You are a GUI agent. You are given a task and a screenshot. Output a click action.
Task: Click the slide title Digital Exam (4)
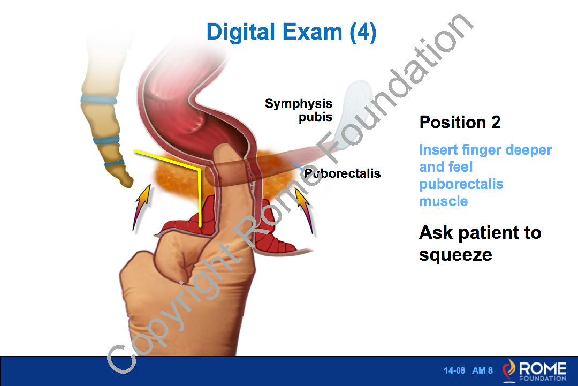coord(291,33)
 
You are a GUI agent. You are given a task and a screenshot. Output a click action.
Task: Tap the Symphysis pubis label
coord(299,110)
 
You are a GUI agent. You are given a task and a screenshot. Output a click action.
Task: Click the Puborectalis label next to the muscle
coord(342,173)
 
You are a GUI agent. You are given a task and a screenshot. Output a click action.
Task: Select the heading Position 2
coord(460,122)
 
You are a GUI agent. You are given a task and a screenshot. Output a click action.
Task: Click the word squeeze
coord(455,255)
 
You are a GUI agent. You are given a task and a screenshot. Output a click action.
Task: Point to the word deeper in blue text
coord(529,150)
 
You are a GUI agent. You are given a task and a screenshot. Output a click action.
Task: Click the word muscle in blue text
coord(444,201)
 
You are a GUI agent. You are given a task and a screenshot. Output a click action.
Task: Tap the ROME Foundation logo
coord(535,370)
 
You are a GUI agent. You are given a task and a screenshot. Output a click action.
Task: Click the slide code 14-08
coord(454,370)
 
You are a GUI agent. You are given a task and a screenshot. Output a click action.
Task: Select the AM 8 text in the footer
coord(483,370)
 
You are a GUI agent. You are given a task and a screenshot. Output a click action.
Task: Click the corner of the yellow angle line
coord(199,169)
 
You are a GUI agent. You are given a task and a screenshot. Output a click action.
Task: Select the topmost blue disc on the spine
coord(99,100)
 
